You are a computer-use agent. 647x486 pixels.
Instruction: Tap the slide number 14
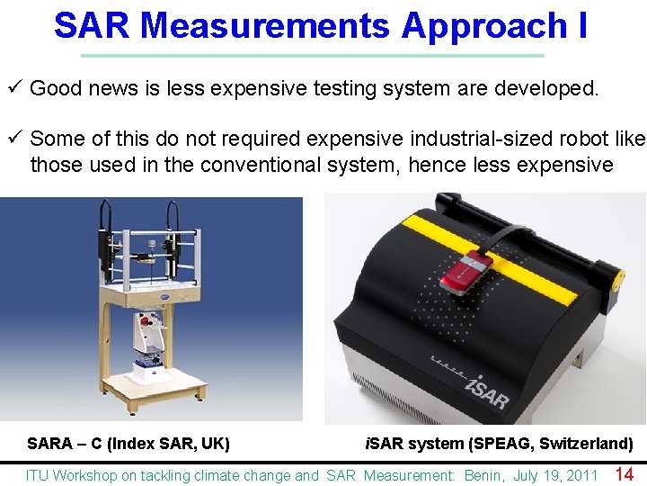(x=624, y=473)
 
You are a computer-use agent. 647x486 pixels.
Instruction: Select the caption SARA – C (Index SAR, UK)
(x=129, y=443)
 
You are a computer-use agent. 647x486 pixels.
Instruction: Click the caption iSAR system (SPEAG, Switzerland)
(x=498, y=443)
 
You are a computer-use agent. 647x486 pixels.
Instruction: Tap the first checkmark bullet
(x=14, y=88)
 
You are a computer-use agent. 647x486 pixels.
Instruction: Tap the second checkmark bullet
(x=14, y=139)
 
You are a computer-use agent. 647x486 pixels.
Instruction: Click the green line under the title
(x=312, y=56)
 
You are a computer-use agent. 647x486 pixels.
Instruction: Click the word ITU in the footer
(x=38, y=475)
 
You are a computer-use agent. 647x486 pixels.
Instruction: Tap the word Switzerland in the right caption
(x=586, y=443)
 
